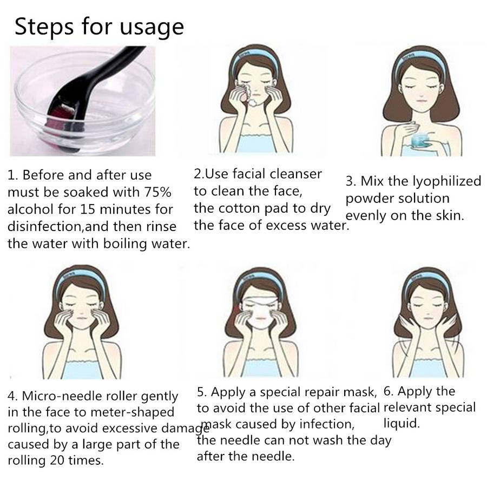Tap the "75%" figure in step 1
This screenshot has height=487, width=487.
pyautogui.click(x=157, y=192)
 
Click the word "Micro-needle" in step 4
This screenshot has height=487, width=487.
pyautogui.click(x=62, y=396)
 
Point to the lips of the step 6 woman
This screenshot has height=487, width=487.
pyautogui.click(x=428, y=318)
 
